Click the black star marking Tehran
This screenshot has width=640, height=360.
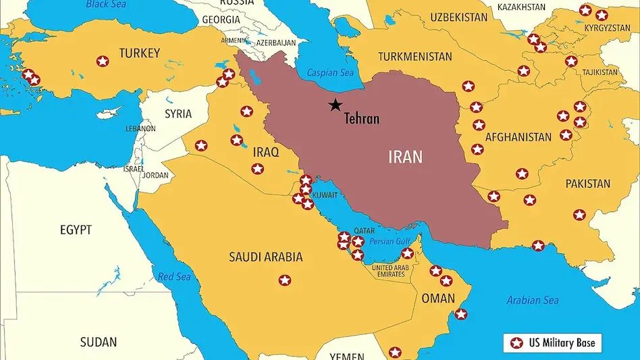[335, 105]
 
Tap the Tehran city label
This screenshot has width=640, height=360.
[362, 119]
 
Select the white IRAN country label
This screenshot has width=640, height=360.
[405, 157]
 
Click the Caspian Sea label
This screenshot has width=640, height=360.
[330, 73]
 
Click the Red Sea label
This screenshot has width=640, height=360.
[175, 277]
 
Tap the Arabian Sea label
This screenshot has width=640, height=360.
[533, 300]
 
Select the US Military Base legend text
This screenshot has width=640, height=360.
[562, 343]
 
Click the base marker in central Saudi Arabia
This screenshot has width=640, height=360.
[285, 280]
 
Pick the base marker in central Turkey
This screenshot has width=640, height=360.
[102, 61]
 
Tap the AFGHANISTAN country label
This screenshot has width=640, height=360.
[518, 137]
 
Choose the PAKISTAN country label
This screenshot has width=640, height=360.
[587, 184]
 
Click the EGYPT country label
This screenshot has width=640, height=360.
[76, 230]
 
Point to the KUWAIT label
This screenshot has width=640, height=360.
[325, 194]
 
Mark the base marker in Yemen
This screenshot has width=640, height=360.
[395, 352]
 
